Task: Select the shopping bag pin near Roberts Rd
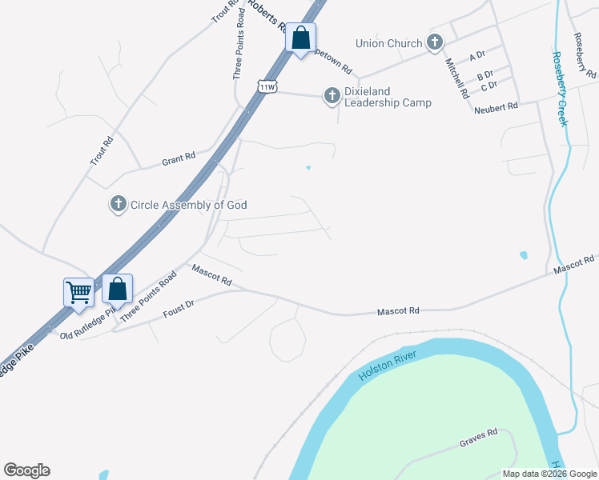click(300, 37)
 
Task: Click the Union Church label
click(393, 43)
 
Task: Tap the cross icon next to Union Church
click(435, 42)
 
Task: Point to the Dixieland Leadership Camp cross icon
click(332, 97)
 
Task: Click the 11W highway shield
click(267, 86)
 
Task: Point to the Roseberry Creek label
click(559, 89)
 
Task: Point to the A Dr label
click(478, 57)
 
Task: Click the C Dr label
click(489, 86)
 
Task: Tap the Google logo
click(26, 470)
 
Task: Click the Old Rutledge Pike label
click(89, 325)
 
